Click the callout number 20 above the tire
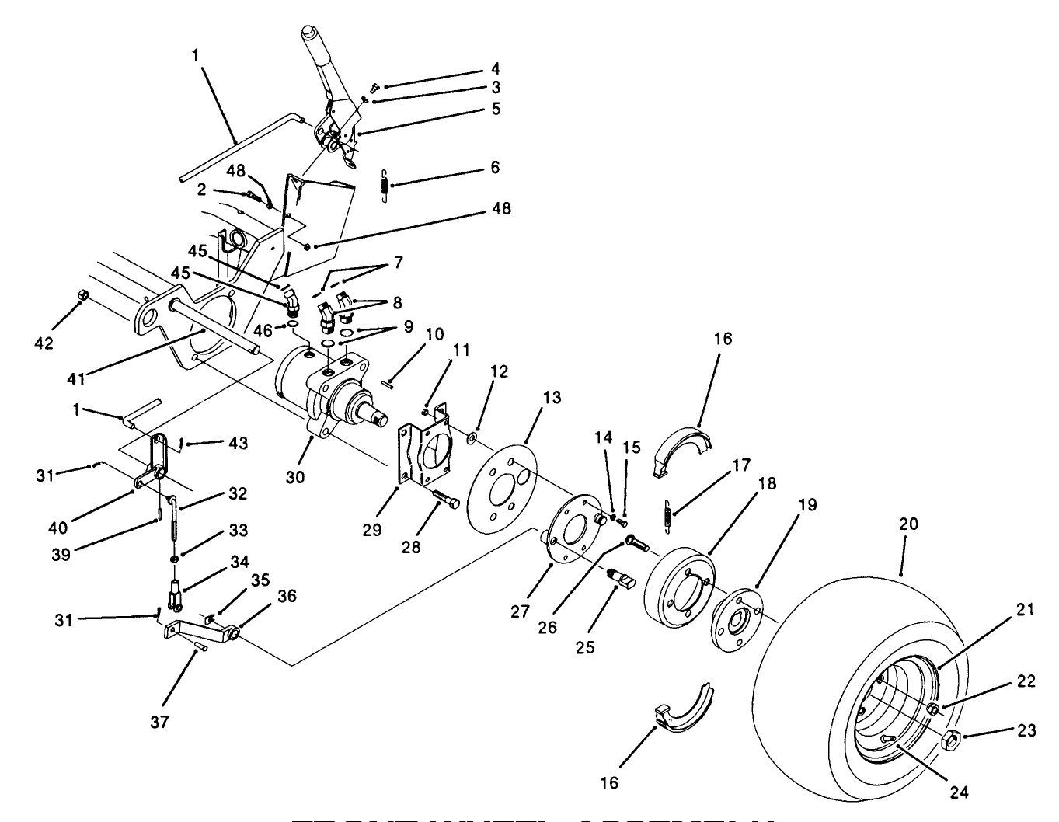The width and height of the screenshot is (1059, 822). point(907,524)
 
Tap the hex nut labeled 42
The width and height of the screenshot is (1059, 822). point(84,296)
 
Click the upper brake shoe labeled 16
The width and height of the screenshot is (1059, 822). point(678,451)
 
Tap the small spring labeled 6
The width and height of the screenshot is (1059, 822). point(383,188)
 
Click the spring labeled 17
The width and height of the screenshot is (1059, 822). point(668,514)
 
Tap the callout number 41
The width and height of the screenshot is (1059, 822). point(75,378)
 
